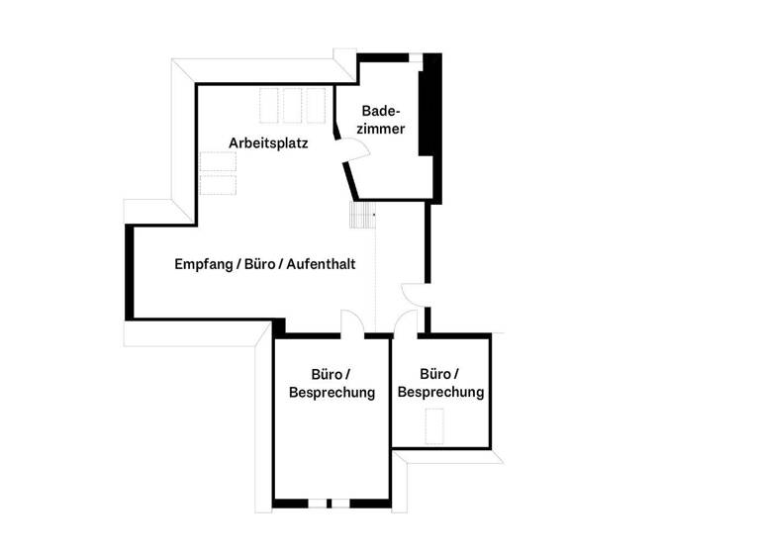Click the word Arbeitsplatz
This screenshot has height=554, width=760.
coord(268,143)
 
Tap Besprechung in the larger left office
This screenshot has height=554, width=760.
coord(332,393)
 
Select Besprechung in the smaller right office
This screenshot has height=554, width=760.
coord(440,392)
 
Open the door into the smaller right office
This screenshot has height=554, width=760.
coord(405,323)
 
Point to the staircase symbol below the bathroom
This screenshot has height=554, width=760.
coord(364,215)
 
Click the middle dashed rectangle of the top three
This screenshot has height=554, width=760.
coord(293,106)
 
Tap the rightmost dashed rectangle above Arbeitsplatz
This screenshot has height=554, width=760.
coord(316,106)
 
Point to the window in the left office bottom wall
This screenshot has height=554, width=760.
coord(338,504)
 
